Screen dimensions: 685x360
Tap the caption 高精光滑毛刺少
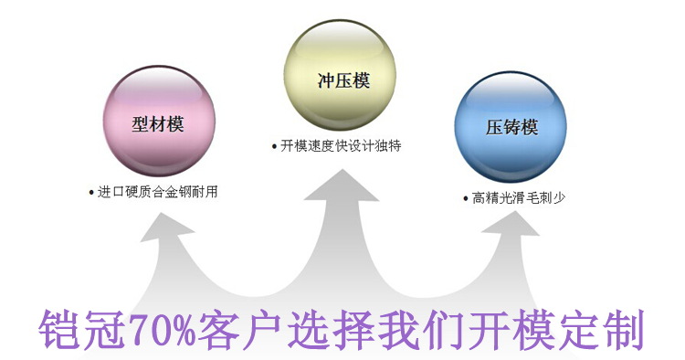(x=514, y=197)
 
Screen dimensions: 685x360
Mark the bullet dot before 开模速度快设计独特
(x=274, y=146)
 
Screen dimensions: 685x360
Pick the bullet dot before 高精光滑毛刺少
(x=466, y=198)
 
